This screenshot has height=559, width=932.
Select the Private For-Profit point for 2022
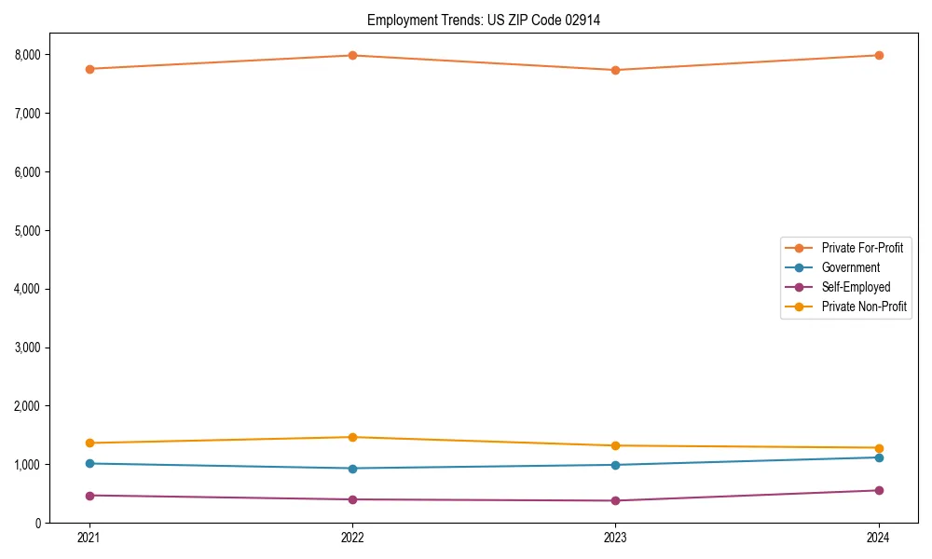(x=352, y=56)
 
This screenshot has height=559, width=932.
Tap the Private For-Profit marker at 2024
(x=879, y=56)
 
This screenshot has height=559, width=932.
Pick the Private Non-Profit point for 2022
(x=352, y=437)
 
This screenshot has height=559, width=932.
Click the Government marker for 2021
(x=89, y=463)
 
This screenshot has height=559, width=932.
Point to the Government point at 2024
(x=879, y=457)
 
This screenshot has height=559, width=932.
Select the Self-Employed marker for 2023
(x=615, y=500)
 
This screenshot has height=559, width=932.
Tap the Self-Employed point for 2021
(x=89, y=496)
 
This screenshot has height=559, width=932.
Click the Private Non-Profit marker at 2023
(x=615, y=445)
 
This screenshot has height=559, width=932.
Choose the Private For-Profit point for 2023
(x=615, y=70)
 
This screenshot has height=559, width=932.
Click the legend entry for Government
(x=850, y=267)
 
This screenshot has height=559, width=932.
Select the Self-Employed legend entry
(x=856, y=287)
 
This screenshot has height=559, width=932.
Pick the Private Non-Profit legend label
(x=864, y=307)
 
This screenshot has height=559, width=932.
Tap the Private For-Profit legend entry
(x=862, y=248)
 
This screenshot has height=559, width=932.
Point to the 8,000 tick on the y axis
(x=28, y=55)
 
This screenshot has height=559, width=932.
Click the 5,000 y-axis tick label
(x=28, y=230)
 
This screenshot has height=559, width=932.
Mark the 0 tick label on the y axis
(x=37, y=524)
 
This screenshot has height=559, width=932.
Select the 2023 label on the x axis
(x=615, y=538)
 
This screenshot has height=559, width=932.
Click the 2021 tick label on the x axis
(x=89, y=538)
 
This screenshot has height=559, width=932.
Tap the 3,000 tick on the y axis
(x=28, y=348)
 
